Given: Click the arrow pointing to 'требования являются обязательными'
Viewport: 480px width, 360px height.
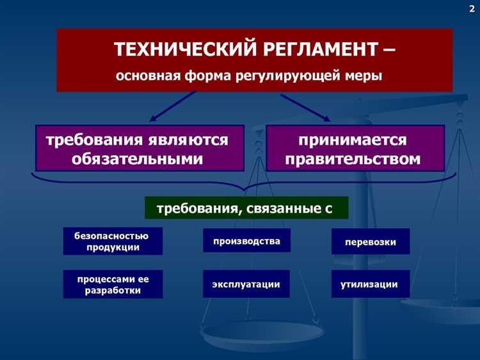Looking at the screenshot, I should coord(173,106).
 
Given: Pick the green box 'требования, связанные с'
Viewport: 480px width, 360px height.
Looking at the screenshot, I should coord(246,208).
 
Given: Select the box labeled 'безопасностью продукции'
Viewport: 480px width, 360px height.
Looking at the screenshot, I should coord(113,241).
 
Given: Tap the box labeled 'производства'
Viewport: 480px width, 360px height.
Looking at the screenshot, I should coord(246,241).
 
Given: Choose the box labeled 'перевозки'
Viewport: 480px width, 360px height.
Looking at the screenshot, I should coord(370,242).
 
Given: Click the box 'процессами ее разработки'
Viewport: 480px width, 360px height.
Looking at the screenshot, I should coord(113,284).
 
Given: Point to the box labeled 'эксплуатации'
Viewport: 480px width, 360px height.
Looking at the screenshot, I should coord(246,284).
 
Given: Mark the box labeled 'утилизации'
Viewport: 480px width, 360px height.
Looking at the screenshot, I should coord(370,284).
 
